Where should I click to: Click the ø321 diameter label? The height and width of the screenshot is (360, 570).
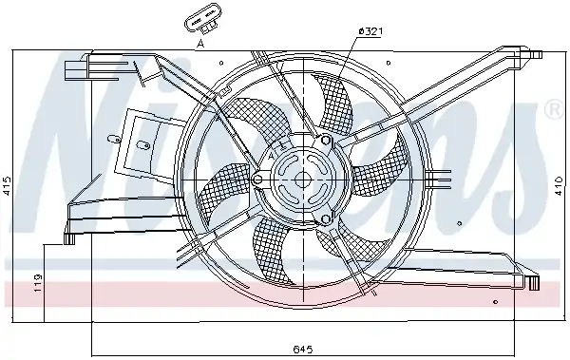(370, 31)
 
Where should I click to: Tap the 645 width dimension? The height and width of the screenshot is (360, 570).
(303, 350)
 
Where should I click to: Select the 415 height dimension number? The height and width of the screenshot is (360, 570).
(7, 186)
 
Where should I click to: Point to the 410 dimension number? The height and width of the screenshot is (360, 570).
(560, 186)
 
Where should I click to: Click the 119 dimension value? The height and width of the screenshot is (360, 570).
(38, 283)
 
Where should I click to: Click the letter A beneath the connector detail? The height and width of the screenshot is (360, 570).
(200, 44)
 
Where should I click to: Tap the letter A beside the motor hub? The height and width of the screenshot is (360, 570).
(271, 157)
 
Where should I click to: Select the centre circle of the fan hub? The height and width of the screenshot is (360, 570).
(302, 180)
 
